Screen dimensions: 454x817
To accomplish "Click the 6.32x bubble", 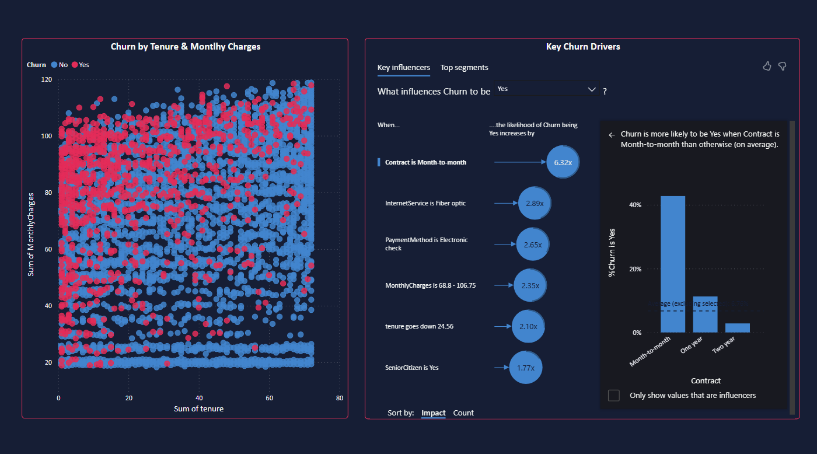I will click(x=563, y=162).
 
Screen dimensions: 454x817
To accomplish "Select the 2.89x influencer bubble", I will click(x=535, y=203).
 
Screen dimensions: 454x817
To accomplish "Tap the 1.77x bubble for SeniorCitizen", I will click(x=525, y=368).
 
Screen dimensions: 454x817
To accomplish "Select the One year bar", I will click(x=705, y=315).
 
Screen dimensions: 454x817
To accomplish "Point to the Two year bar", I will click(x=737, y=327).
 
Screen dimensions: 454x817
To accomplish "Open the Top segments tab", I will click(x=464, y=68).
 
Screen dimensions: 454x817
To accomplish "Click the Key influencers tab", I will click(x=404, y=68).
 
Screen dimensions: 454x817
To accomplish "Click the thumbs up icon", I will click(x=767, y=66).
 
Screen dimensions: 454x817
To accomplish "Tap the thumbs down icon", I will click(x=782, y=66).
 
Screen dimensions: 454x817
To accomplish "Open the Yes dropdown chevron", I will click(x=592, y=89).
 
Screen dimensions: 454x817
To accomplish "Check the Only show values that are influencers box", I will click(x=614, y=396).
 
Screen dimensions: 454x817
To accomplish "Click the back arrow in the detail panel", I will click(x=612, y=135).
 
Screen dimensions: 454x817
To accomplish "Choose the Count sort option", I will click(x=463, y=413).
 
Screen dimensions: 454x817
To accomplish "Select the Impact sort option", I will click(x=433, y=413).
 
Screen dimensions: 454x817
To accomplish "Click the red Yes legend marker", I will click(x=75, y=65).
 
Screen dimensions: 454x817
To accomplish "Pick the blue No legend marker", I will click(x=54, y=65).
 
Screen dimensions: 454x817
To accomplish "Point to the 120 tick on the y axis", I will click(x=46, y=79).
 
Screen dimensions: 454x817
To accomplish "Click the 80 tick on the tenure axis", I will click(x=339, y=398).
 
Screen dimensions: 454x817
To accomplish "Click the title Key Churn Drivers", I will click(x=582, y=47).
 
